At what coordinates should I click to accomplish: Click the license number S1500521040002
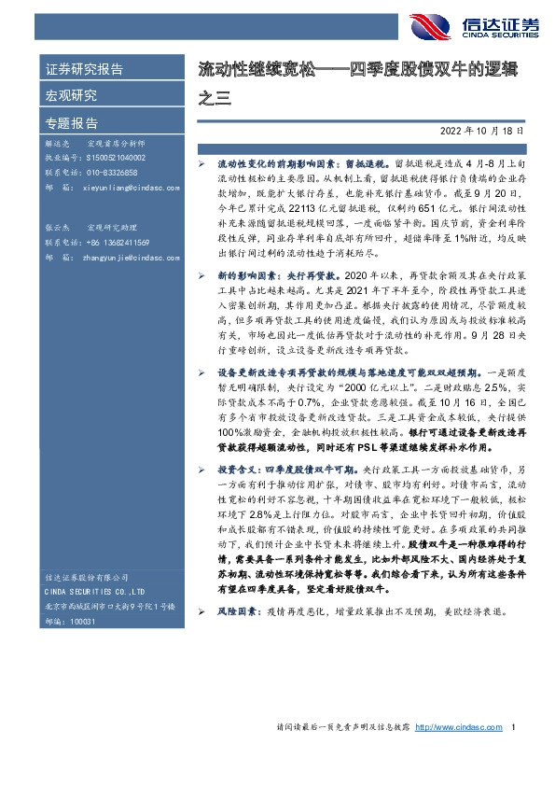111,160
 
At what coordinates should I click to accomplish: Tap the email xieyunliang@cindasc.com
122,187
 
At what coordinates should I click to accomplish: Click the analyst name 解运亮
57,146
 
